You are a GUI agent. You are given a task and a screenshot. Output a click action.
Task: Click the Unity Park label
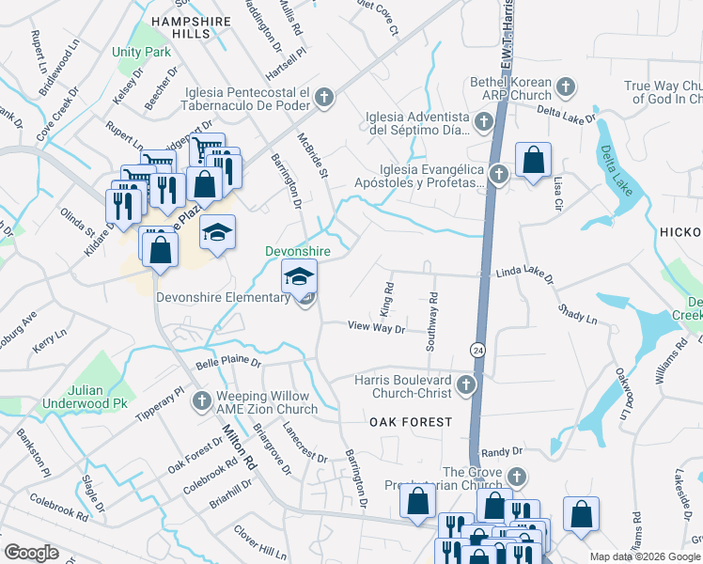tap(141, 52)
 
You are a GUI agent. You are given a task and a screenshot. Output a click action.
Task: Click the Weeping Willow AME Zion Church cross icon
tap(200, 402)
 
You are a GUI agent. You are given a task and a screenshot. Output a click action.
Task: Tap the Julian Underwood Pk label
tap(84, 396)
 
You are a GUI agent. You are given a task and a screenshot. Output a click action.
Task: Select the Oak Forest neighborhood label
tap(411, 423)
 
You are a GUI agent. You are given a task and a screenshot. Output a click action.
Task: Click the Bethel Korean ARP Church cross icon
tap(565, 88)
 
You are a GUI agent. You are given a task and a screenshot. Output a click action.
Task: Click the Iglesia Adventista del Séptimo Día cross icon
tap(483, 121)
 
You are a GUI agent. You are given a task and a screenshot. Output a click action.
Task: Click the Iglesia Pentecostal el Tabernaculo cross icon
tap(323, 97)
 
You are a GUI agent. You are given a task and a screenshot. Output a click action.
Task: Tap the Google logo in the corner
tap(31, 553)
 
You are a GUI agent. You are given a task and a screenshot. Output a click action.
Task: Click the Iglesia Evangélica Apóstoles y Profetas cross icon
tap(498, 174)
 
